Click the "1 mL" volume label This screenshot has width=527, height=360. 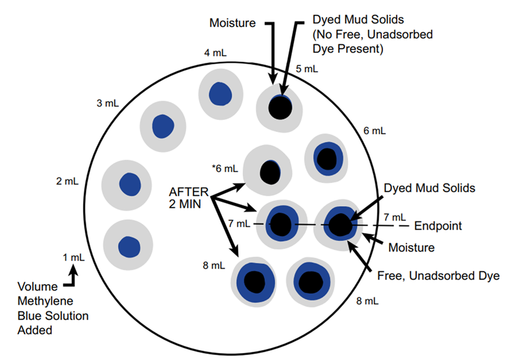73,257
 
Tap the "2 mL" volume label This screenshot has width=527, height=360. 67,181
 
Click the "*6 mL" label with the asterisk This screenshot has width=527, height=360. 224,168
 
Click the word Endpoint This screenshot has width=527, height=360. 438,225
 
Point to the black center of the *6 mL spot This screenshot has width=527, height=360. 269,171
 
